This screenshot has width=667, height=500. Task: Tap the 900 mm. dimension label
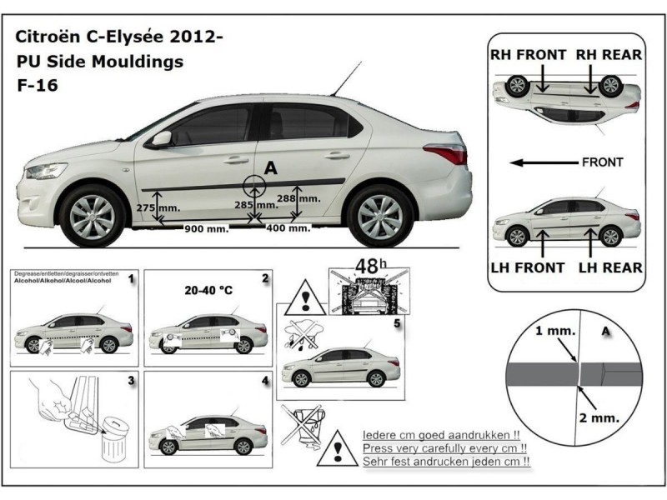206,228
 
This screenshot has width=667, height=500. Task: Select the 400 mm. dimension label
288,227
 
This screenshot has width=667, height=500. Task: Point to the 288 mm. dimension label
298,198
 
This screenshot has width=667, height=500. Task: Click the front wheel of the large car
93,215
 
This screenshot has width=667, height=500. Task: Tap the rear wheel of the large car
379,215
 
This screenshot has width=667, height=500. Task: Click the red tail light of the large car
445,153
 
